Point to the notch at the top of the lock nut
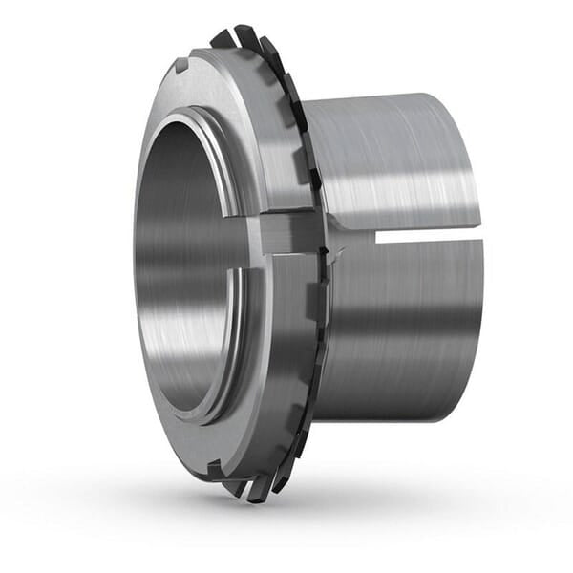181,67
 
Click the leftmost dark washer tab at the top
221,39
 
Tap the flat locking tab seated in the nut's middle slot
286,232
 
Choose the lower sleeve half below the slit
401,325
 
